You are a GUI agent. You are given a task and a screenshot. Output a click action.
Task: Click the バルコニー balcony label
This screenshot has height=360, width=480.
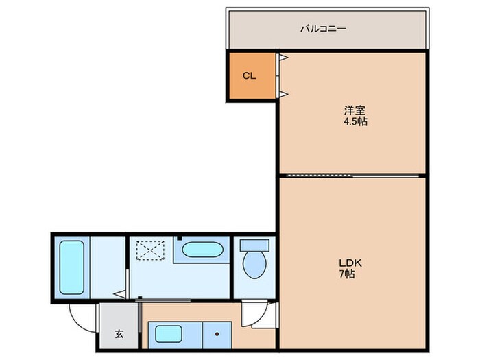pos(322,29)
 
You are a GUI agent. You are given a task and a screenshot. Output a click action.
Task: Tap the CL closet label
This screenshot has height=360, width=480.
pos(249,75)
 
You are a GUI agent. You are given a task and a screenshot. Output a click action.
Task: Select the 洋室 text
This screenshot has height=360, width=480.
pos(354,110)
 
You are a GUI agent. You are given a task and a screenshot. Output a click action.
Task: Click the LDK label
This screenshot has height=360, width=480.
pos(345,262)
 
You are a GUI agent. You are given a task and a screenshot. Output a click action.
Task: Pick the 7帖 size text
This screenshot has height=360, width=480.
pos(345,274)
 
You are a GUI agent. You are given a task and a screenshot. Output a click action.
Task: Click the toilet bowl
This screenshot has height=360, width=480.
pos(256,264)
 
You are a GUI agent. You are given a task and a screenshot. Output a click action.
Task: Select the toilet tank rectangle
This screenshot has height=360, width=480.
pos(256,244)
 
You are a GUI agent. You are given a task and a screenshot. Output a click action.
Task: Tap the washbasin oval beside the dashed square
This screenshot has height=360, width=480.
pos(202,249)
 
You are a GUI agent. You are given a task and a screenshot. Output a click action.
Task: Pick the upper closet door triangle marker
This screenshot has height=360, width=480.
pos(282,59)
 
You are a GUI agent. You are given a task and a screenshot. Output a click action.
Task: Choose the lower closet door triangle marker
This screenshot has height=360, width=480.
pos(282,93)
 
